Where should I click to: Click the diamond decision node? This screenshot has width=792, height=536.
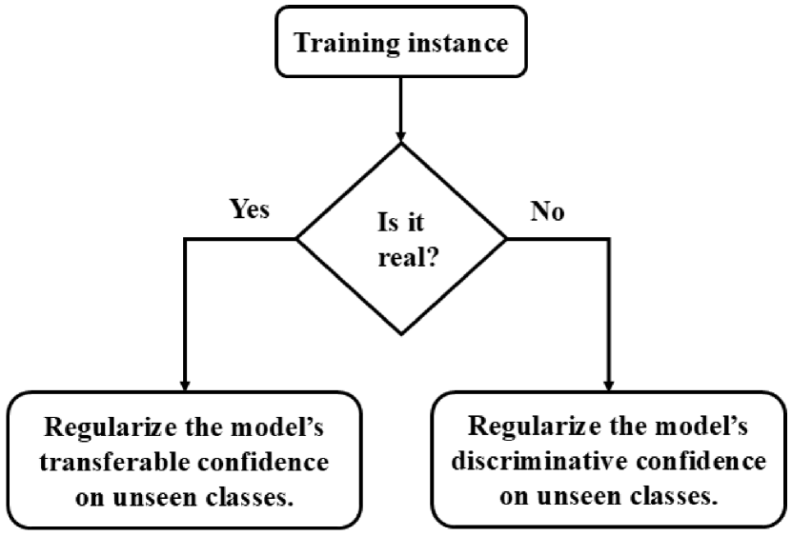[400, 237]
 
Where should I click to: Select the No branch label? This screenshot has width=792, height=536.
[547, 210]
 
